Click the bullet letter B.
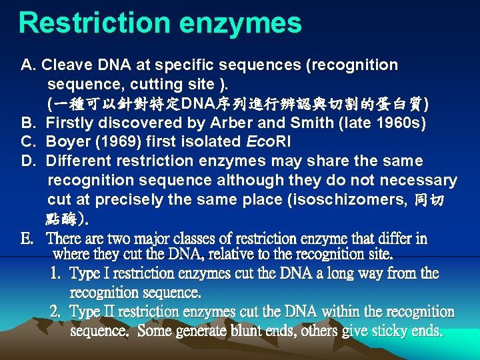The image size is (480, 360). [27, 123]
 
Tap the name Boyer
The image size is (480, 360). [67, 142]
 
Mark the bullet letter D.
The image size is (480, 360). [27, 161]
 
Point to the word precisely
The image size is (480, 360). [125, 200]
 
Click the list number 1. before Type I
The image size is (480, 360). [57, 273]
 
